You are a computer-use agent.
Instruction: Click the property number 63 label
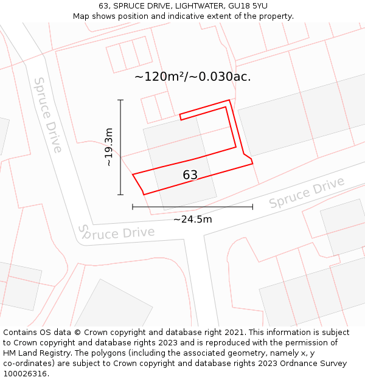point(190,175)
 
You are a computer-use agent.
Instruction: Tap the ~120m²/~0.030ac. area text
point(192,77)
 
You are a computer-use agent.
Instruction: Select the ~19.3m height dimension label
point(108,147)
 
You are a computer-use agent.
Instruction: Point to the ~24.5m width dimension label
point(193,219)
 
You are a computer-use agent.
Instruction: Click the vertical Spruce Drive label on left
point(47,115)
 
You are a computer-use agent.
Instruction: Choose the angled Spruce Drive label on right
point(307,193)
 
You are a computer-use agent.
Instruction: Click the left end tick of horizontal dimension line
point(133,207)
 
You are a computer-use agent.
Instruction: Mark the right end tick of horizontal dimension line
point(252,207)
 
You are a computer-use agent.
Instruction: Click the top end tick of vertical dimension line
point(120,100)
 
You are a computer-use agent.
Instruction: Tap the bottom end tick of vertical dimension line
point(120,195)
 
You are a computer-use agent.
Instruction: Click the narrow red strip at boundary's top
point(204,109)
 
